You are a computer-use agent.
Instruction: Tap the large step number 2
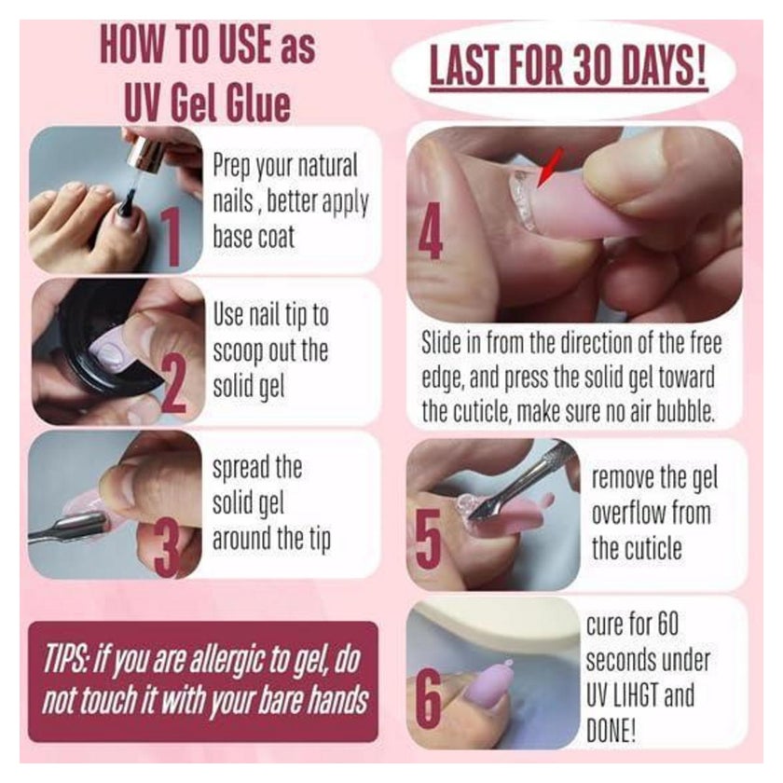point(174,386)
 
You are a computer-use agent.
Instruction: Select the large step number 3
point(168,549)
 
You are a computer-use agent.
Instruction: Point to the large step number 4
point(430,231)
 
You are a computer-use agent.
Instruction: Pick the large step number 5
point(429,540)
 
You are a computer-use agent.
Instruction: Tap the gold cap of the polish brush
point(145,152)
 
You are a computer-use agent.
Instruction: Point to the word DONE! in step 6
point(611,731)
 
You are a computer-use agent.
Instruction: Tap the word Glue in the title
point(257,103)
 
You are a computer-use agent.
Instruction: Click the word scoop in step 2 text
point(239,352)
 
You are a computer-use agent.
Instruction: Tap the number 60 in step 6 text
point(667,625)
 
